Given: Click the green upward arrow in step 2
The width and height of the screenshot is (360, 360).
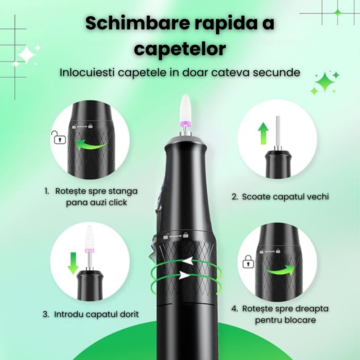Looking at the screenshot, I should point(264,133).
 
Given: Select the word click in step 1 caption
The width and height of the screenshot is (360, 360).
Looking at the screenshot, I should point(117,203).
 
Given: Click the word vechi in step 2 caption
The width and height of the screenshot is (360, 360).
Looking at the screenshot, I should point(318,197).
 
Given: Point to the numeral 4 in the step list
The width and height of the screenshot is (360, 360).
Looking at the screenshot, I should point(234,309).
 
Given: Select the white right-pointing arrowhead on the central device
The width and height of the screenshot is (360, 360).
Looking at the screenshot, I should point(184,275).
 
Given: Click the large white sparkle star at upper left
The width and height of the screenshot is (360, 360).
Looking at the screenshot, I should point(27,55).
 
